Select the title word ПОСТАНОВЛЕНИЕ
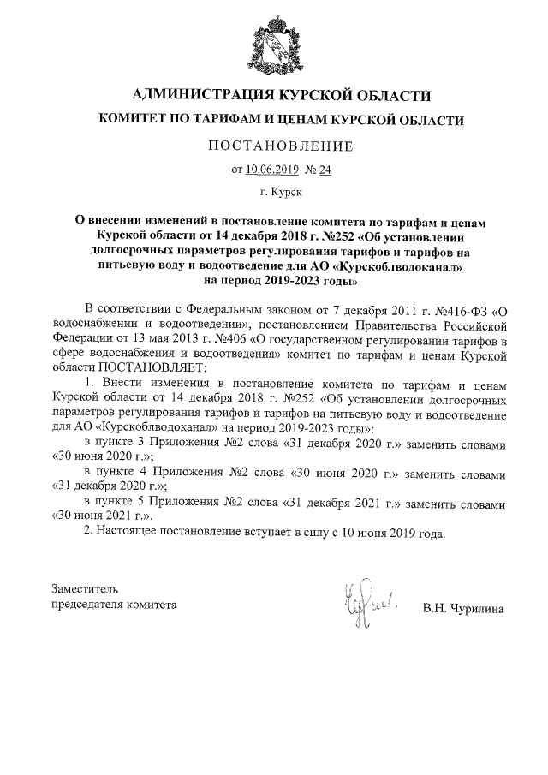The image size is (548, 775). [274, 146]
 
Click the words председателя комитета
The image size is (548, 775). [114, 604]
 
